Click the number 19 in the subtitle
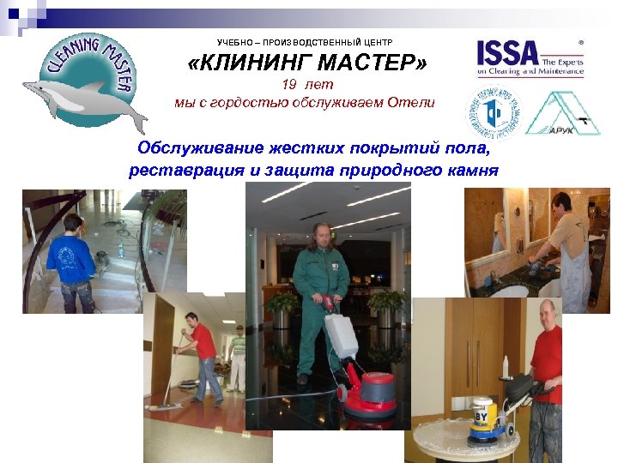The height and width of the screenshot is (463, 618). click(x=291, y=85)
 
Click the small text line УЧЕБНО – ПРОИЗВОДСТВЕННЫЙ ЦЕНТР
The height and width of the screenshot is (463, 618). click(x=304, y=41)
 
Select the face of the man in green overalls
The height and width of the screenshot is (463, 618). click(x=323, y=238)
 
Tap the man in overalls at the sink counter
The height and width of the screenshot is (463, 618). click(x=566, y=249)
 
